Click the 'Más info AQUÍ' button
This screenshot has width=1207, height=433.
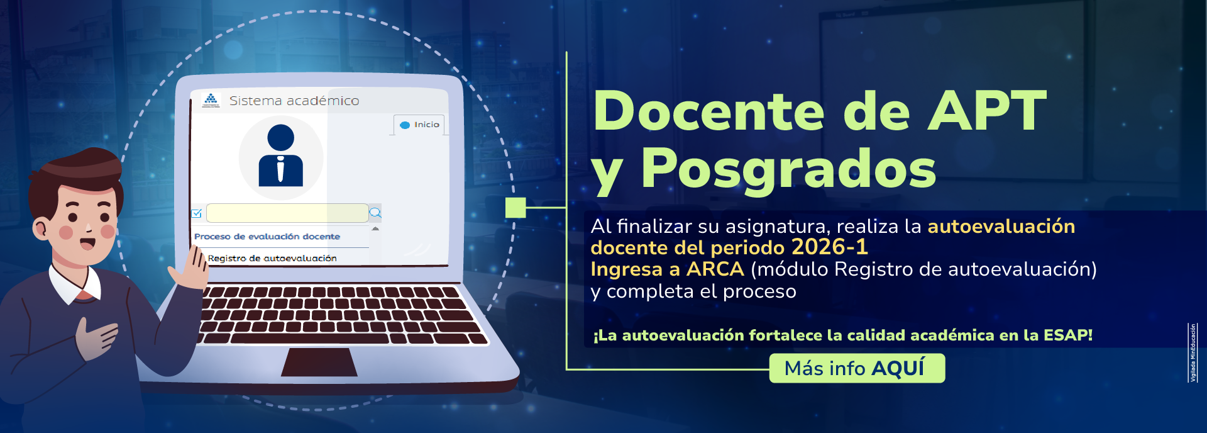tap(856, 368)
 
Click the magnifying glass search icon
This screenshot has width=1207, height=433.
tap(375, 213)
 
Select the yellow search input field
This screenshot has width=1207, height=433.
tap(287, 213)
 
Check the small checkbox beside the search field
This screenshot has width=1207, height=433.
tap(196, 213)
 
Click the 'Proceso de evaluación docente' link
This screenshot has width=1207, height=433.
tap(267, 237)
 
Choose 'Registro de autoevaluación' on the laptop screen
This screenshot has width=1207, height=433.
tap(272, 258)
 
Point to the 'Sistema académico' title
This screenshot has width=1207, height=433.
tap(294, 101)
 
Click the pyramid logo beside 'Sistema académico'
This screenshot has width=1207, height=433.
tap(211, 99)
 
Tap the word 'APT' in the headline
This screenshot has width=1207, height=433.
tap(986, 111)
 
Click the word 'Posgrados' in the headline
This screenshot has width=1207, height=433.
tap(788, 169)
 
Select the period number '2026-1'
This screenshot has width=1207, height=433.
tap(829, 247)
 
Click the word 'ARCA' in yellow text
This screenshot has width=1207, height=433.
tap(715, 269)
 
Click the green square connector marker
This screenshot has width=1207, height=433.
tap(515, 207)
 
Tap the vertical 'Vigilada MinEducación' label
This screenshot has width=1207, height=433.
tap(1192, 352)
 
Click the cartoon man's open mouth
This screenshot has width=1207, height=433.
tap(87, 243)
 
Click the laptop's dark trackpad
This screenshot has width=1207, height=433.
tap(319, 362)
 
